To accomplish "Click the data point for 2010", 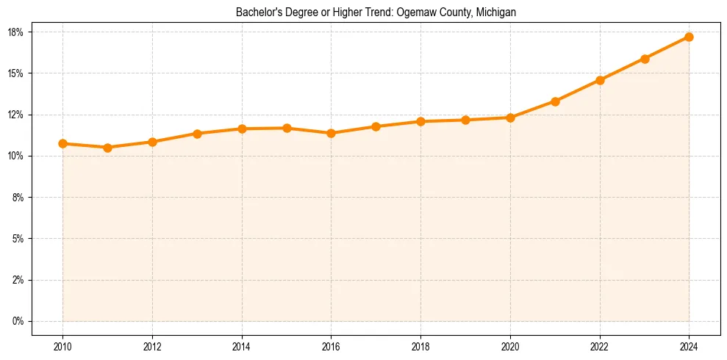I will tap(62, 143).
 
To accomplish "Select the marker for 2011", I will tap(107, 148).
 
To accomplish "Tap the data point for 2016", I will tap(331, 133).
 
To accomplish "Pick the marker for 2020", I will tap(510, 118).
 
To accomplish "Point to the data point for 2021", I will tap(555, 101).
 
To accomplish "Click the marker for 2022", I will tap(600, 80).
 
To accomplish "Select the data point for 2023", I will tap(645, 59).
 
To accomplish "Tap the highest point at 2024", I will tap(689, 37).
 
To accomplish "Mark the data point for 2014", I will tap(242, 129).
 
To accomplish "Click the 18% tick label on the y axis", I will tap(16, 32).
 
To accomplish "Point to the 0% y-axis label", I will tap(18, 321).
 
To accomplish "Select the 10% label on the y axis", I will tap(16, 156).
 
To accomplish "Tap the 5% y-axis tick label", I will tap(18, 239).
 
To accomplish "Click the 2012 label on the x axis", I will tap(152, 347).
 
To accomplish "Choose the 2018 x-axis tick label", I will tap(420, 347).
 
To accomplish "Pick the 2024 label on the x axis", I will tap(689, 347).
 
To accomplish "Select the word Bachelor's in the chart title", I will tap(257, 12).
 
